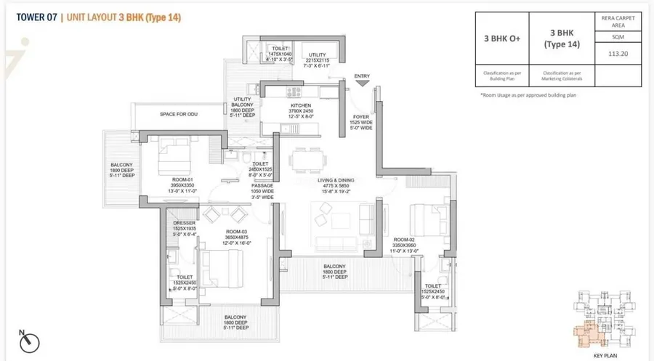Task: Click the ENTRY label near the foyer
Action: click(x=361, y=76)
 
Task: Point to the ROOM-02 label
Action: click(x=403, y=239)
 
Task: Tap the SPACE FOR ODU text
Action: click(x=179, y=114)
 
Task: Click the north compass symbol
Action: click(x=29, y=340)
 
